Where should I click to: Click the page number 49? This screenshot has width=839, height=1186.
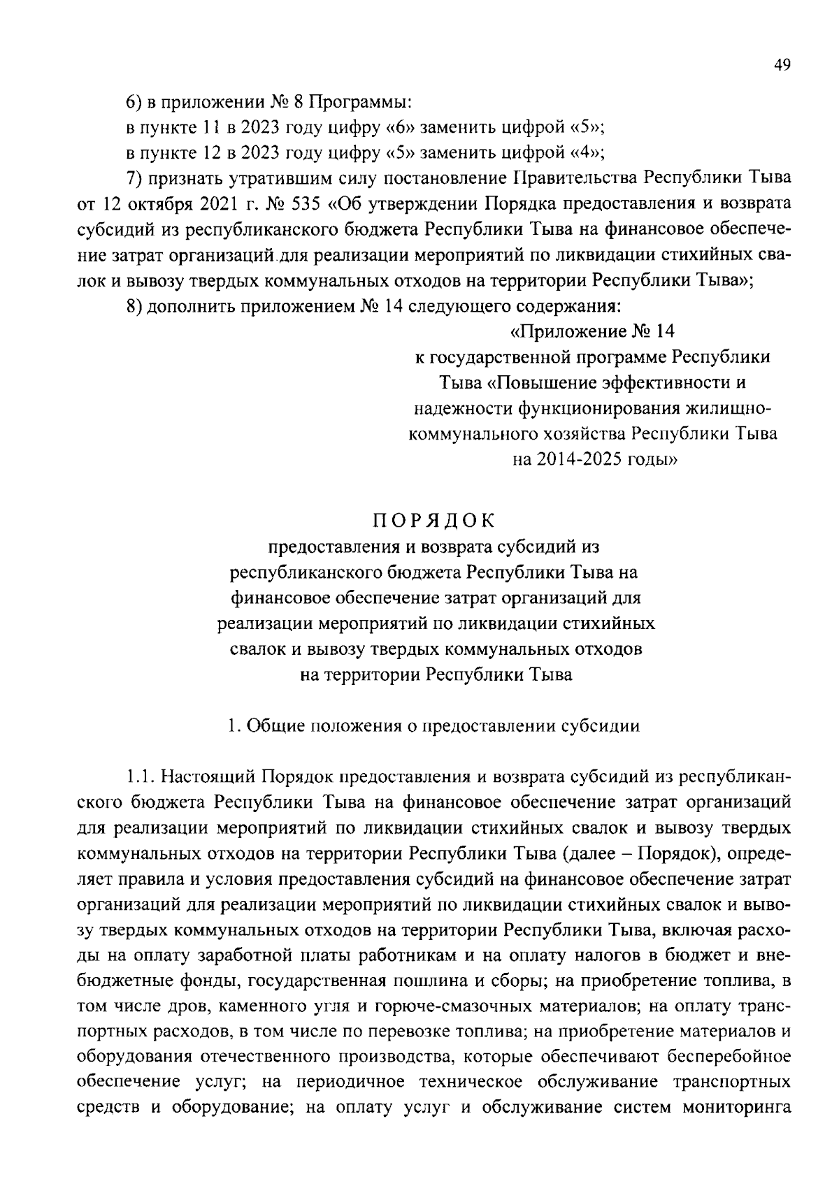(x=782, y=65)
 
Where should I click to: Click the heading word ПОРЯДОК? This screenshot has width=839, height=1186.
(x=433, y=521)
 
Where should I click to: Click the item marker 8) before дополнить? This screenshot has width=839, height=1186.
(x=136, y=306)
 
